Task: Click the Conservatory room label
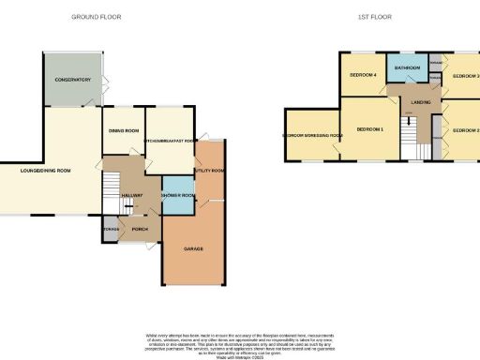tap(73, 80)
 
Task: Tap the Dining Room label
tap(124, 130)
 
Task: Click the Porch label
tap(139, 229)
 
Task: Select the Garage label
tap(194, 248)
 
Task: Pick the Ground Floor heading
tap(97, 17)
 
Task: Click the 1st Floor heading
tap(373, 17)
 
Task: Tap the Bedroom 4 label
tap(363, 75)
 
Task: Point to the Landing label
tap(420, 105)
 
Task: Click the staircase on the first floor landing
tap(409, 128)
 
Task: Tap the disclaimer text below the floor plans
tap(240, 339)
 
